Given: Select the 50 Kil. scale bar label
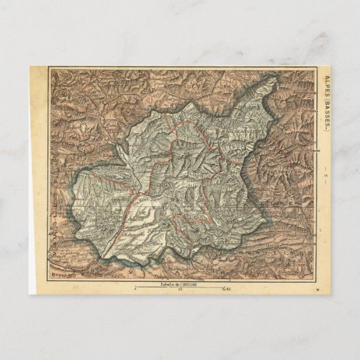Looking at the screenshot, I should (x=228, y=289).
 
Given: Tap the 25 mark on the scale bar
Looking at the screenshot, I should (x=179, y=289).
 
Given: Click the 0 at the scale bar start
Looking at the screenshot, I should (x=137, y=289).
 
